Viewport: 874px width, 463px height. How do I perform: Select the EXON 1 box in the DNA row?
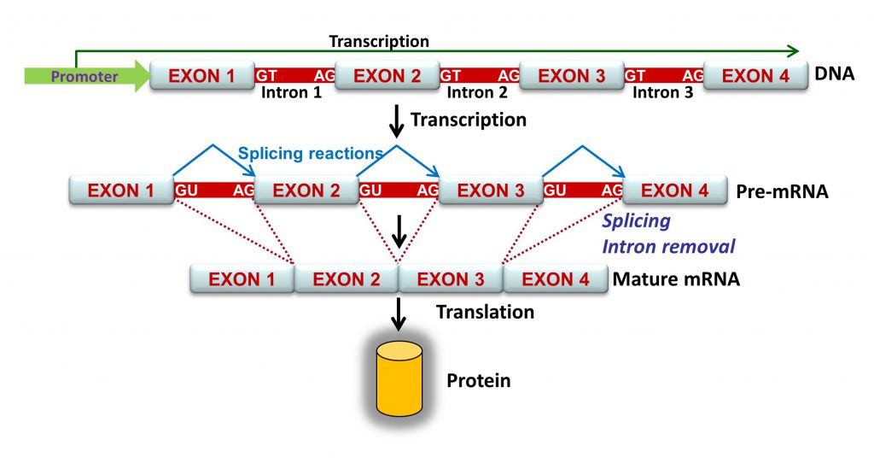click(201, 76)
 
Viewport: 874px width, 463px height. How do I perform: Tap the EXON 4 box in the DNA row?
click(756, 76)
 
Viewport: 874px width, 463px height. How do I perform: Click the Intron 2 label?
click(477, 92)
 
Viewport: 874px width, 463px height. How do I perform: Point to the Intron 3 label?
click(662, 92)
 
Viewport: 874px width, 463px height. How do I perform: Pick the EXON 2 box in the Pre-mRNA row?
click(306, 190)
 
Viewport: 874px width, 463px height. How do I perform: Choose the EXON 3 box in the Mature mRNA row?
click(451, 278)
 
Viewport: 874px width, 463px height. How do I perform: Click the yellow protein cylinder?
click(399, 378)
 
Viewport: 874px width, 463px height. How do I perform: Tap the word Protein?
click(478, 380)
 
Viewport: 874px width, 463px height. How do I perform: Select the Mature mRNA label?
click(676, 279)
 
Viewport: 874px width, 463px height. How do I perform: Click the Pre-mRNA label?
click(782, 191)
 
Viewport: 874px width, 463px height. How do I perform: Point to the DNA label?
click(835, 73)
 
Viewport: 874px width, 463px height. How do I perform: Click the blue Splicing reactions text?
click(311, 154)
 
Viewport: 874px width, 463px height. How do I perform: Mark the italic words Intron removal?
click(668, 246)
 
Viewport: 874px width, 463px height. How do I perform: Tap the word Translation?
click(485, 312)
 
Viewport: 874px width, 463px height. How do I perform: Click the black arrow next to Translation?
click(398, 314)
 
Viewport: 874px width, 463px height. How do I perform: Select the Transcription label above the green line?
click(379, 41)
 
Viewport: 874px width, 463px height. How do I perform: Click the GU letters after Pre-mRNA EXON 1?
click(187, 190)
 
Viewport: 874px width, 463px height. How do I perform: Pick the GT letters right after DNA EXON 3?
click(635, 75)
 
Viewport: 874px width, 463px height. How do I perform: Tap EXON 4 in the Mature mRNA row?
click(555, 278)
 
